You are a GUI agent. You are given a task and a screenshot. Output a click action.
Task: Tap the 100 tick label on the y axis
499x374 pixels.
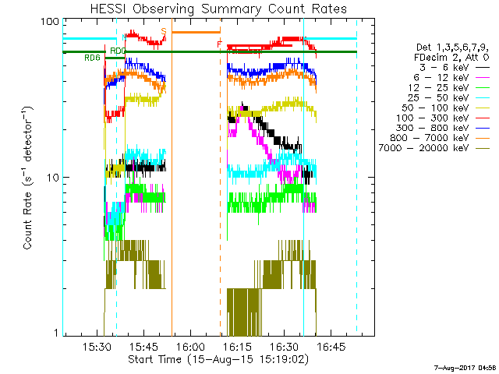click(51, 22)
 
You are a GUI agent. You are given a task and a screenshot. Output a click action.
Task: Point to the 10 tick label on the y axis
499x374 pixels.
click(54, 178)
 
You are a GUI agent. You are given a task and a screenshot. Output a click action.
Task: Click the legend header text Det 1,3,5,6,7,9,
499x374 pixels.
click(451, 47)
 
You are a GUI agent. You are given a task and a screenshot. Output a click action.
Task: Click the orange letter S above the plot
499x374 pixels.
click(164, 30)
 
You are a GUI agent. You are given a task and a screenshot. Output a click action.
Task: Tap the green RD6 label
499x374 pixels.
click(92, 58)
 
